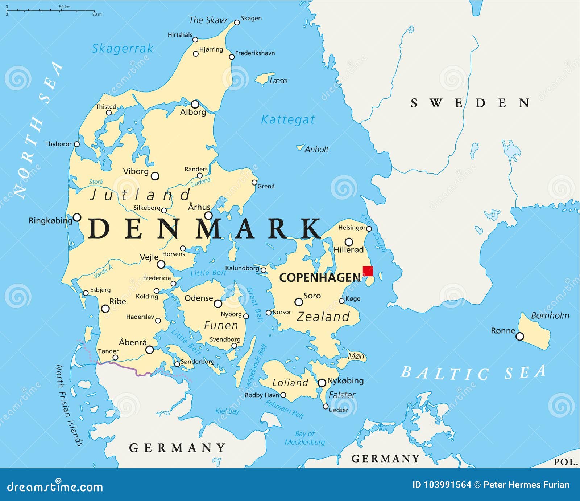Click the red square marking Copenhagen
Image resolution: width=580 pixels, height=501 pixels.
tap(368, 271)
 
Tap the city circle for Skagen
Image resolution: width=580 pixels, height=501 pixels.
tap(237, 22)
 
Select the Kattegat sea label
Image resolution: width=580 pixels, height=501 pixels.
tap(288, 119)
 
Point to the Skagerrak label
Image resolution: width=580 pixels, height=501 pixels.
tap(122, 48)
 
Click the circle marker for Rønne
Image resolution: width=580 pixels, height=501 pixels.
tap(519, 337)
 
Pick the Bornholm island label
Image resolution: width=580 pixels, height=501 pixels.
tap(550, 315)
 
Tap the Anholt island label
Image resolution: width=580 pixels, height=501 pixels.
tap(316, 149)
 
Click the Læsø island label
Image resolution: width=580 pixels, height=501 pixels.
tap(278, 81)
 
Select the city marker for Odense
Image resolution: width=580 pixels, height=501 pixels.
tap(218, 304)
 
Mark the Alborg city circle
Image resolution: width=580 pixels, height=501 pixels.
tap(195, 104)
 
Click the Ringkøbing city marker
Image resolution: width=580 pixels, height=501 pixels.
tap(77, 217)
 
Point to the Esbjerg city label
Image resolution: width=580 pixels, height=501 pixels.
tap(100, 290)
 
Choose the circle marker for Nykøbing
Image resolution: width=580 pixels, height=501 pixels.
tap(322, 383)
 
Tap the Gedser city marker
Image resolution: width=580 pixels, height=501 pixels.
tap(326, 407)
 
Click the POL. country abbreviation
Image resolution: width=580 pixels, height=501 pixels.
tap(565, 462)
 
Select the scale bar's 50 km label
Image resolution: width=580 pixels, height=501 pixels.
tap(65, 7)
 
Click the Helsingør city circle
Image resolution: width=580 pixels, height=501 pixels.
tap(369, 229)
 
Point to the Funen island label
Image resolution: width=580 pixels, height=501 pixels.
tap(221, 325)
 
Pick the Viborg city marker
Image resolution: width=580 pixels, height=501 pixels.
tap(155, 176)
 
